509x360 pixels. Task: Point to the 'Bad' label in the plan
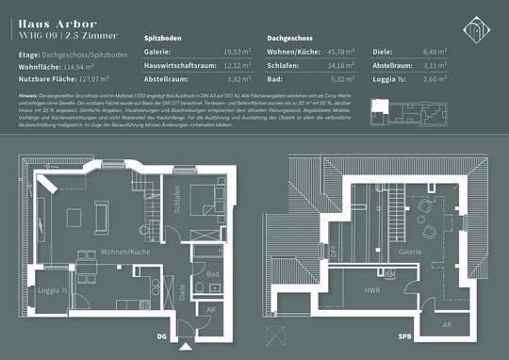click(x=213, y=274)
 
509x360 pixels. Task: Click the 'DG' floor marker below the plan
click(x=161, y=336)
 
